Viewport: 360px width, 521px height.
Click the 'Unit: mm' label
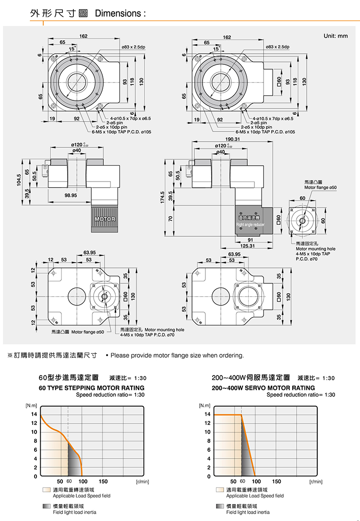point(336,36)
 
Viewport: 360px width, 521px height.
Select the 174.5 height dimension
point(163,196)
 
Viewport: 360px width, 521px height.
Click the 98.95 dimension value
point(70,195)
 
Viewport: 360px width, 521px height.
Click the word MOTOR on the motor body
point(105,219)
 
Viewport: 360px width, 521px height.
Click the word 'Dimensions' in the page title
point(118,14)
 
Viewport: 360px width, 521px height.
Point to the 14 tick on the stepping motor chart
point(34,414)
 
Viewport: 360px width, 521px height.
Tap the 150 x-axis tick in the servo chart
point(277,481)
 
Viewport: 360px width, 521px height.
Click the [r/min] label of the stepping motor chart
point(143,481)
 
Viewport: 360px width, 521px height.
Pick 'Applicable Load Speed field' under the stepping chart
point(81,496)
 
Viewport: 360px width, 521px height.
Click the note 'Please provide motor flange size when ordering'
point(177,355)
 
